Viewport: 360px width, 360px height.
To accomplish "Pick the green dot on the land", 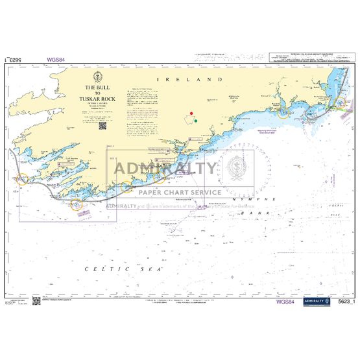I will pos(195,121).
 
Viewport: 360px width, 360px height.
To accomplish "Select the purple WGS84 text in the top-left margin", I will pos(55,60).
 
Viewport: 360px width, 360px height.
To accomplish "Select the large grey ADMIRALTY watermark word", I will pos(166,169).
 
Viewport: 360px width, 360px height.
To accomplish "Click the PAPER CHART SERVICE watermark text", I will pos(178,192).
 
